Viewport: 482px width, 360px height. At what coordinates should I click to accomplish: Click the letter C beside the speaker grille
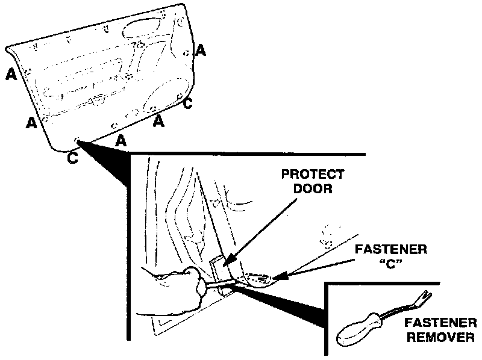(187, 104)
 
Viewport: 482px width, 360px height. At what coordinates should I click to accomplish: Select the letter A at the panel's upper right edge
(201, 51)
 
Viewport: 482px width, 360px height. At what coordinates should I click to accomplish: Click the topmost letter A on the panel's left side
(10, 74)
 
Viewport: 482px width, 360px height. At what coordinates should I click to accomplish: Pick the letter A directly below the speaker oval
(158, 122)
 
